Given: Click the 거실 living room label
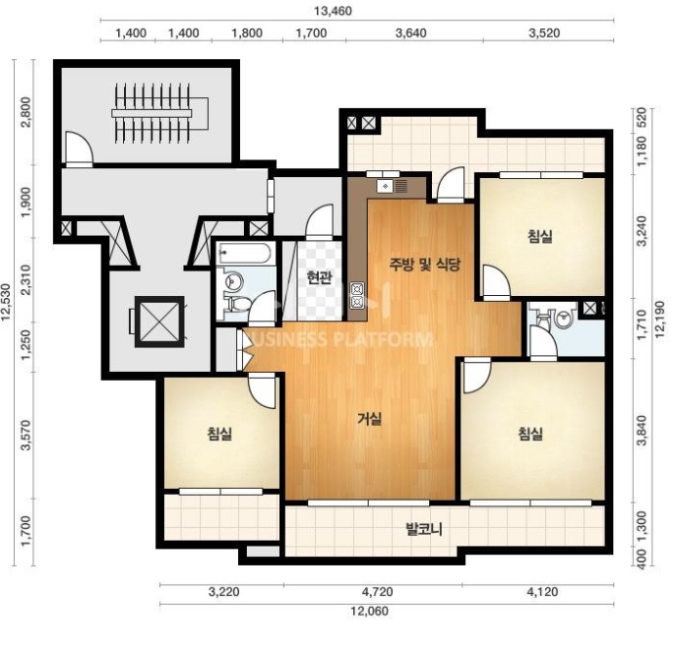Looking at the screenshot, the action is click(370, 419).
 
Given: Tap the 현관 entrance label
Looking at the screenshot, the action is click(320, 278).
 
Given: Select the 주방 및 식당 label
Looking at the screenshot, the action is click(425, 265).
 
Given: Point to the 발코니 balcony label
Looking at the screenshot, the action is click(424, 529).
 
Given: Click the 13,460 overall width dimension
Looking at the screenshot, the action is click(333, 11).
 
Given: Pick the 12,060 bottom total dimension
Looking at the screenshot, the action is click(369, 611).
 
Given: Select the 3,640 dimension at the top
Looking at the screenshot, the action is click(411, 33).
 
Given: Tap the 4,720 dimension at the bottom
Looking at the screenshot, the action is click(377, 592).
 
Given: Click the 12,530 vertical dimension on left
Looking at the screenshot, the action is click(6, 302).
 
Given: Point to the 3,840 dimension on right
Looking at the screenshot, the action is click(642, 431).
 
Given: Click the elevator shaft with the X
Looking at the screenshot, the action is click(159, 321).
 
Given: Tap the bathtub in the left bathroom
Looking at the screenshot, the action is click(244, 253).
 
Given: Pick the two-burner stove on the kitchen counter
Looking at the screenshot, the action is click(357, 295).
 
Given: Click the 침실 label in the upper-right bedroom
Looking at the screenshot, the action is click(540, 236).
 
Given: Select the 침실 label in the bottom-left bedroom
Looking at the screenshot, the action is click(219, 434).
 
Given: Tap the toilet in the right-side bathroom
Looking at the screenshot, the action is click(543, 318).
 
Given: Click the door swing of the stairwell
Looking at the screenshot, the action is click(78, 148).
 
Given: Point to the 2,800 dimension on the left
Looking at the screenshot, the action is click(26, 112).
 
